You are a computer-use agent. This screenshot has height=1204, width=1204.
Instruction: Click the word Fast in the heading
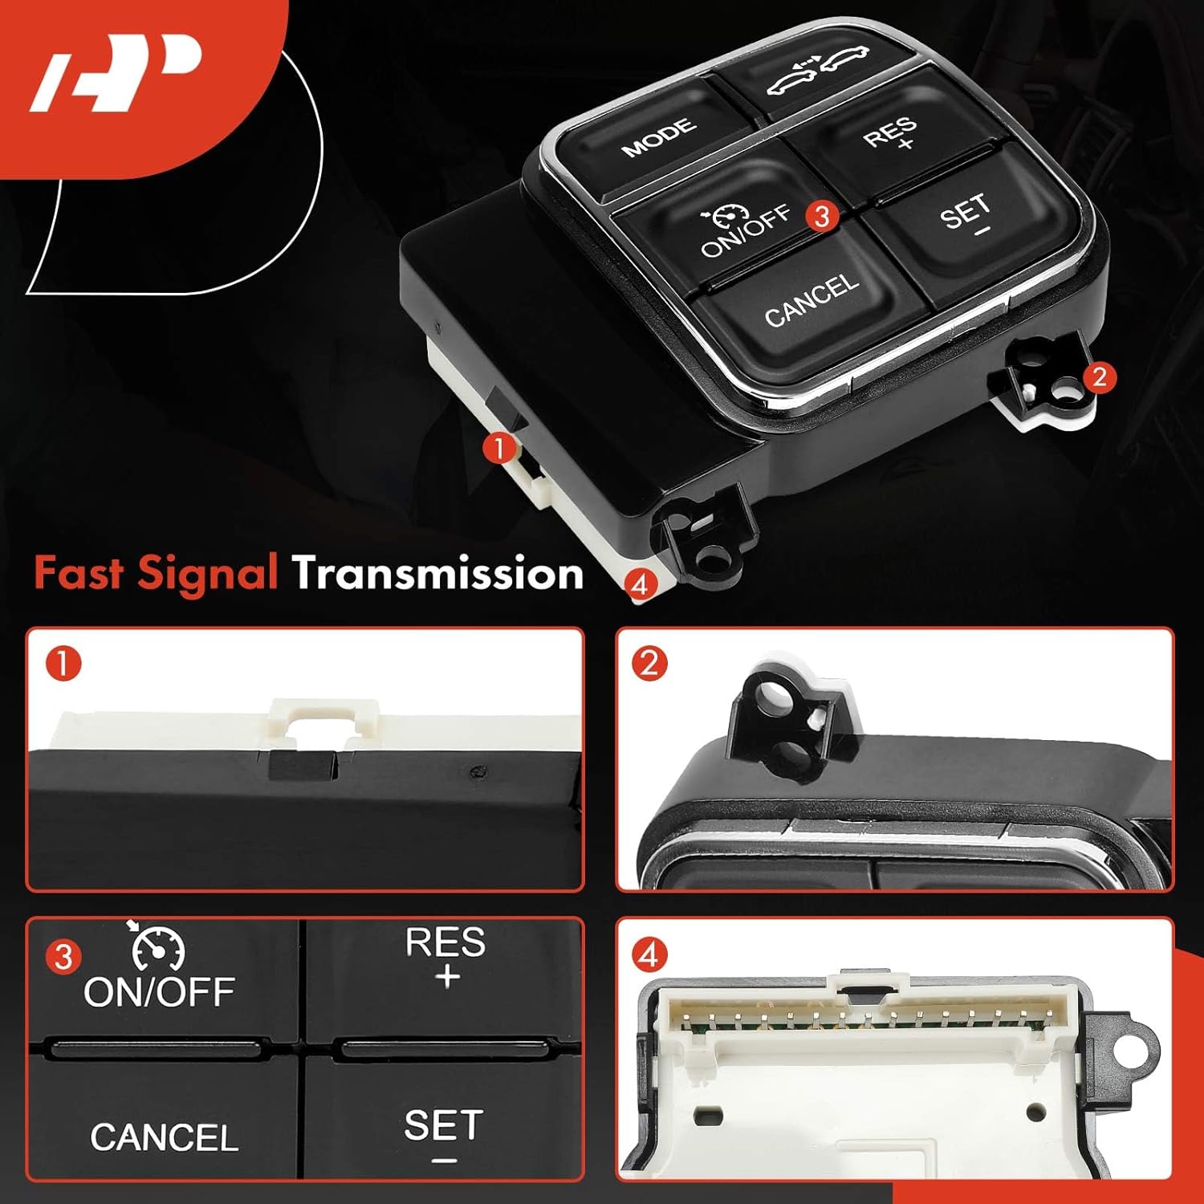(x=78, y=574)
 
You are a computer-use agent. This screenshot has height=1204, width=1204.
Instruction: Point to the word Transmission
(x=437, y=575)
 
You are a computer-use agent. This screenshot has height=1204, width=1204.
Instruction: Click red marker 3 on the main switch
(x=822, y=216)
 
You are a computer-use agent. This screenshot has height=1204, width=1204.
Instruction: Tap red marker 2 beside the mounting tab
(x=1099, y=376)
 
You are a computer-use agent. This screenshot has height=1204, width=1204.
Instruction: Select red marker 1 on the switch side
(x=500, y=448)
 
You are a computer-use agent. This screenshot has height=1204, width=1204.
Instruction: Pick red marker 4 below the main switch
(x=640, y=584)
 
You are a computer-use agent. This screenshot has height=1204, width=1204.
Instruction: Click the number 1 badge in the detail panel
(x=64, y=665)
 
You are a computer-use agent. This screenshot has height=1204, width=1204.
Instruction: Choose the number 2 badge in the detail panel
(x=649, y=664)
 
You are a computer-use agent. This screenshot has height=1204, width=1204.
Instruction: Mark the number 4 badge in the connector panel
(x=649, y=955)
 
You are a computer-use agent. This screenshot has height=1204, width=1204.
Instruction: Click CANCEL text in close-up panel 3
(x=164, y=1137)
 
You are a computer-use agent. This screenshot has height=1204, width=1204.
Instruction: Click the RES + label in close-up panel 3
(x=445, y=955)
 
